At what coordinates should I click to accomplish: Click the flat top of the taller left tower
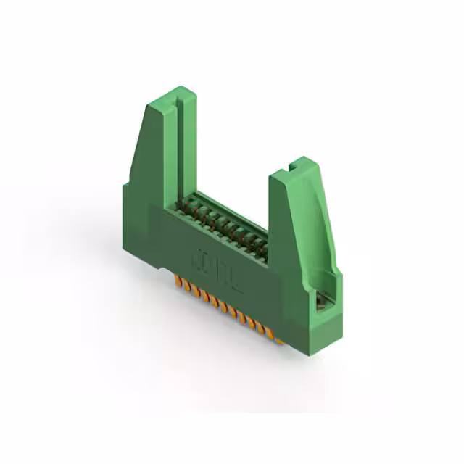click(172, 96)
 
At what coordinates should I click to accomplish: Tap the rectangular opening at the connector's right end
click(322, 299)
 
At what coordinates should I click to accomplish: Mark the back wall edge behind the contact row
click(232, 207)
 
